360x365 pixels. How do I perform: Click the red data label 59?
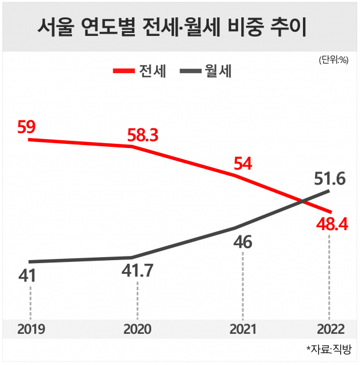[28, 127]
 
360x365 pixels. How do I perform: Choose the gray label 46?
[243, 243]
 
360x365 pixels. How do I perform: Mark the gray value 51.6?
[329, 178]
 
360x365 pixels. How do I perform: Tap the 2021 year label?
[243, 329]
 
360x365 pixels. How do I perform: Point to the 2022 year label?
[328, 329]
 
